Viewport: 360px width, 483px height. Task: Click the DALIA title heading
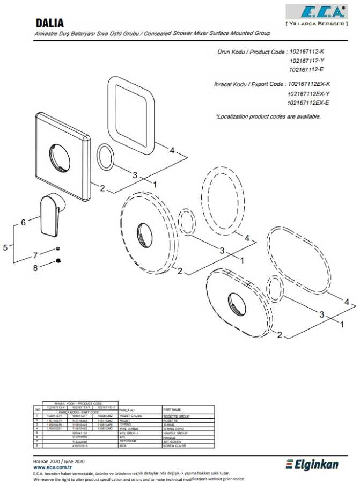49,23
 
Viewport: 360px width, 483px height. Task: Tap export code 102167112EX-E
308,103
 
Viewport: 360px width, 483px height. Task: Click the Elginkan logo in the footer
313,464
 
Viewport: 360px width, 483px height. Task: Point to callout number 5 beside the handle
5,247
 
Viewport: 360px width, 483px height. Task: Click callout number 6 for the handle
23,222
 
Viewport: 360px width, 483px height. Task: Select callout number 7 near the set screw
35,255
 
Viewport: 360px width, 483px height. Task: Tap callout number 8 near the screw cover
35,268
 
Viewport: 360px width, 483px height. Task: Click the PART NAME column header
172,409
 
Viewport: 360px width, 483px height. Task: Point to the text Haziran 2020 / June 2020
58,461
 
